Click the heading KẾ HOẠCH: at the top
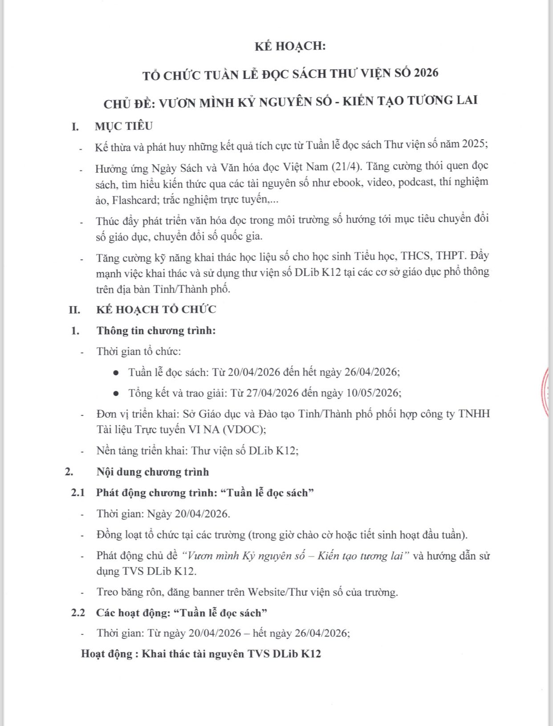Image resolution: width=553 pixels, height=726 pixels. (290, 46)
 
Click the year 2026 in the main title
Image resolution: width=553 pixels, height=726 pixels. (426, 73)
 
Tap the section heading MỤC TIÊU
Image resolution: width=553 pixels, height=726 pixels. (123, 126)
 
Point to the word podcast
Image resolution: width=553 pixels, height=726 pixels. (416, 182)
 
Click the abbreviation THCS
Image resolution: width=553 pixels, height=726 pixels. (416, 256)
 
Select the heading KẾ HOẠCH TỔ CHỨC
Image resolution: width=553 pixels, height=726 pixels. (156, 310)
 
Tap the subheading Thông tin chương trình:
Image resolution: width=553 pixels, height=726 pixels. (156, 331)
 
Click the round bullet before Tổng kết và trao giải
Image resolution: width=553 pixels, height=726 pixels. (116, 393)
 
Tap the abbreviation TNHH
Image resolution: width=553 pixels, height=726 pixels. (474, 414)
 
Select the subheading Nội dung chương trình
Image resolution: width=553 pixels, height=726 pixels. (152, 472)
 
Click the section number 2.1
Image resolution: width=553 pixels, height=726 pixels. (77, 493)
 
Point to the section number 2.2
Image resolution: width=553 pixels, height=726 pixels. (77, 613)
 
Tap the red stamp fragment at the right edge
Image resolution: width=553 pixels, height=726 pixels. (548, 391)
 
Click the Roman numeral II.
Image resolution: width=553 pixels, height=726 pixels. (74, 310)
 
